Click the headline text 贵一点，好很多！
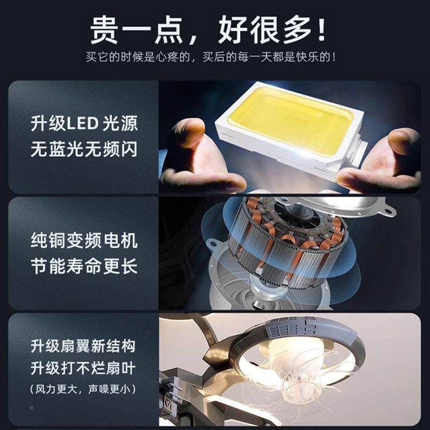(215, 30)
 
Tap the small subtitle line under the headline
(215, 57)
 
